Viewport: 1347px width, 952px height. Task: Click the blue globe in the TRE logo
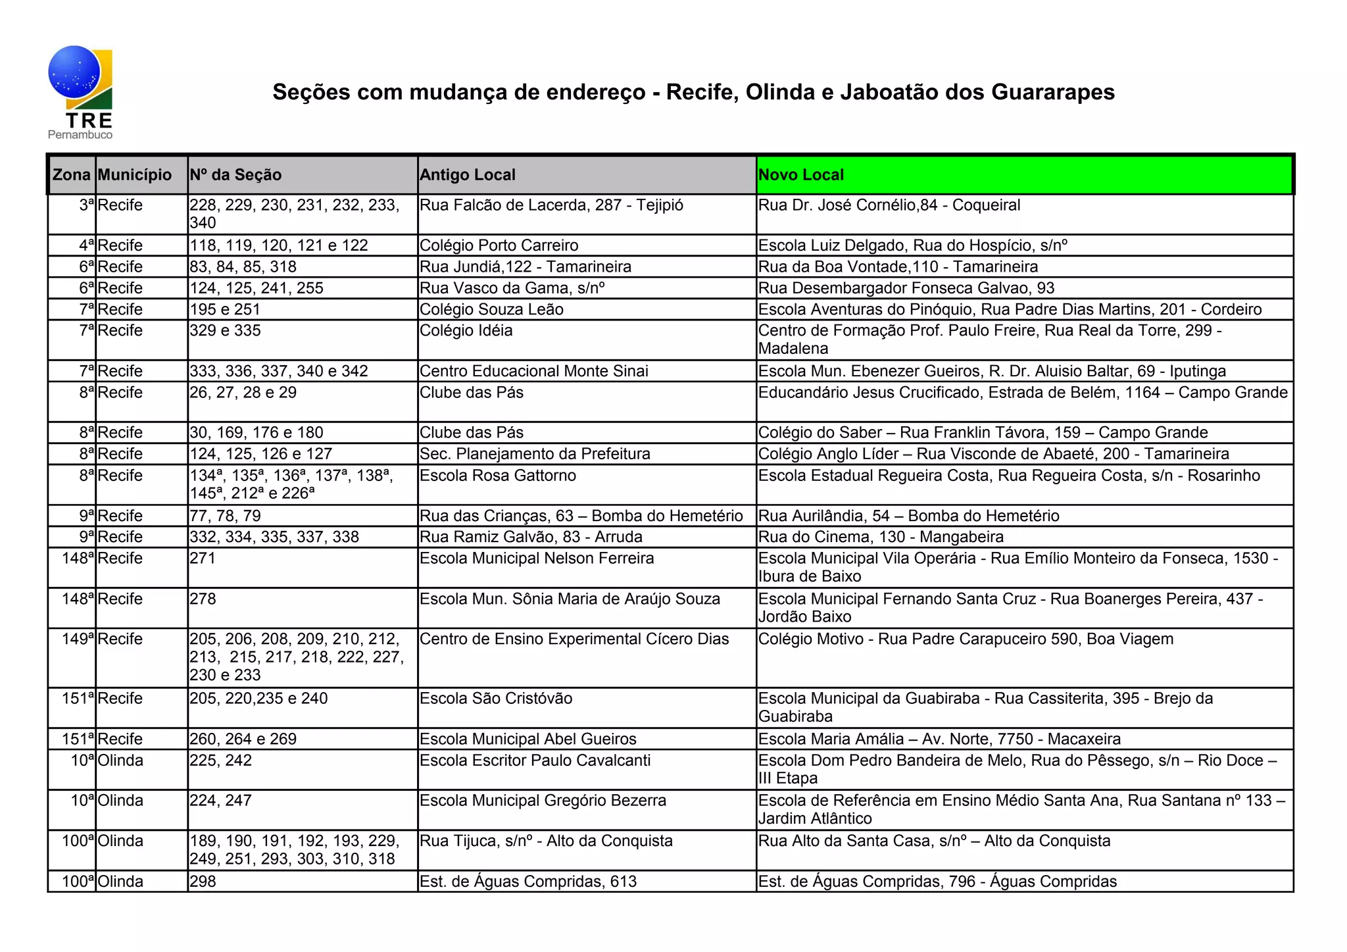tap(74, 72)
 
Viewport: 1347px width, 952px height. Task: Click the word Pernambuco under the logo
tap(80, 135)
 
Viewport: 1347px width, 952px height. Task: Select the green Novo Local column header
tap(1024, 175)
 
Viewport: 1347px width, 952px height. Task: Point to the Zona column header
tap(72, 175)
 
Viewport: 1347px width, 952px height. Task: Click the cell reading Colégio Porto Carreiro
tap(499, 245)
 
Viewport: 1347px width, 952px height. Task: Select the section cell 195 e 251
tap(225, 309)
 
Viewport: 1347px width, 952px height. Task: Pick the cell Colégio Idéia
tap(466, 330)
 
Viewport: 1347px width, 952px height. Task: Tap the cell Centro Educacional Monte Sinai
tap(534, 371)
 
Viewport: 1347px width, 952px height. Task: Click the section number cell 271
tap(203, 559)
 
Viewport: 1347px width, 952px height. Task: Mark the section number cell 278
tap(203, 599)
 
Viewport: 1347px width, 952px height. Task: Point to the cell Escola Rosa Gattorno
tap(498, 476)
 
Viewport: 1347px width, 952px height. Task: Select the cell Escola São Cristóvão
tap(496, 699)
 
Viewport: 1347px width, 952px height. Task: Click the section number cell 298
tap(203, 882)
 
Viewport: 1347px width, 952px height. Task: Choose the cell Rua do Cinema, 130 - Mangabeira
tap(881, 537)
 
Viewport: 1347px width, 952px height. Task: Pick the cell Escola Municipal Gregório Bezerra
tap(543, 801)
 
